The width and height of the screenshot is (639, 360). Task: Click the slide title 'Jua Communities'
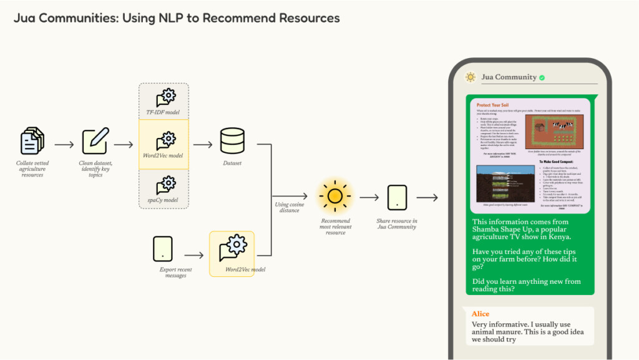click(177, 18)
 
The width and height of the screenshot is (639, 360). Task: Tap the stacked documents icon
click(32, 141)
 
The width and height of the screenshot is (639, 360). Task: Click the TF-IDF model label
click(163, 112)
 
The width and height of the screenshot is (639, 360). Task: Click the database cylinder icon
click(233, 141)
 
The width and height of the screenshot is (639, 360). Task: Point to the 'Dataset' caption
click(232, 163)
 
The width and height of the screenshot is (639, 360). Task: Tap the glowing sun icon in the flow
click(335, 197)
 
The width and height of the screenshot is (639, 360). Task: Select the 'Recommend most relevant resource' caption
click(335, 226)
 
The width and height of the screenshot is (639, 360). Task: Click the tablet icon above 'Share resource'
click(397, 197)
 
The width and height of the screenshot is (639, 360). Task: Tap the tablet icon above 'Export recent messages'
click(162, 248)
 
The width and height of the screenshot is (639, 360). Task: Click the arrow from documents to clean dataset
click(64, 145)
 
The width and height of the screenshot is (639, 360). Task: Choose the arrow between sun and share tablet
click(369, 198)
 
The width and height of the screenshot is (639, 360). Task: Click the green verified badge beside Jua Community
click(542, 77)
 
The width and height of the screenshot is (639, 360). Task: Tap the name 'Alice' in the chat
click(480, 314)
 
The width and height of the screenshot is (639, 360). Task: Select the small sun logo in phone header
click(470, 77)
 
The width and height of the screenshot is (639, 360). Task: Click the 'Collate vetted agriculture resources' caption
click(32, 169)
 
